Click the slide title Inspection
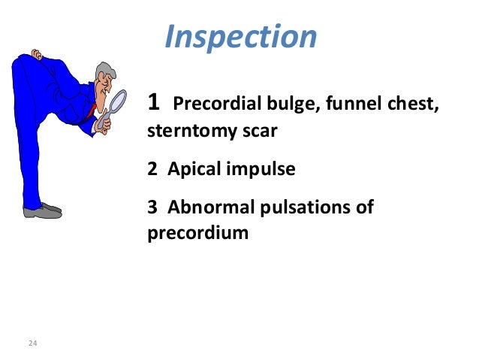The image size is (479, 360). click(240, 37)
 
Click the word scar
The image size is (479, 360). click(260, 132)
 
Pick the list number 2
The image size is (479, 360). click(152, 169)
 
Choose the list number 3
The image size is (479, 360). click(152, 207)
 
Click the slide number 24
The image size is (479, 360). click(32, 343)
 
